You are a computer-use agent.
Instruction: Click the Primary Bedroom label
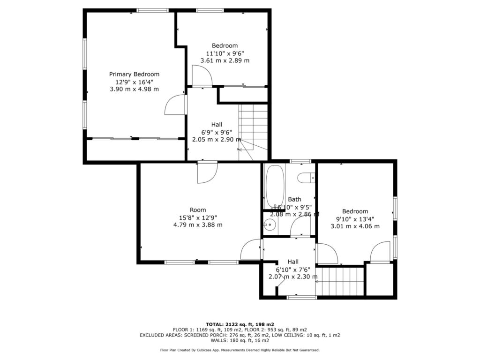[134, 74]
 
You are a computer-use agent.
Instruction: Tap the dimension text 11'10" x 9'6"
[225, 53]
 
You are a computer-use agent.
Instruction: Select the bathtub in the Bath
[275, 187]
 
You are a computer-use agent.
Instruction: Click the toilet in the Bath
[306, 178]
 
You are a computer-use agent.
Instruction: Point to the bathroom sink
[270, 225]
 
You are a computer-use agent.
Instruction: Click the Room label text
[198, 210]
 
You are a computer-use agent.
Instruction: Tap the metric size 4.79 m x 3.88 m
[198, 225]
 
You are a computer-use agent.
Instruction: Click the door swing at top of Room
[207, 172]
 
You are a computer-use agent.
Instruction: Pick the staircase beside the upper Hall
[253, 132]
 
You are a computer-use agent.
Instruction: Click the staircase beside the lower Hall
[340, 282]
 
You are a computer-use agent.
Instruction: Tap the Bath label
[294, 199]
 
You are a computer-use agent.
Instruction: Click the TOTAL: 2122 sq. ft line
[240, 324]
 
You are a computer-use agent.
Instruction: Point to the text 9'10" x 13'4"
[355, 219]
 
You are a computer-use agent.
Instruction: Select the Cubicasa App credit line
[240, 350]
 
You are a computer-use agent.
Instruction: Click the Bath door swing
[300, 226]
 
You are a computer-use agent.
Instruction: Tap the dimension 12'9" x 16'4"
[134, 82]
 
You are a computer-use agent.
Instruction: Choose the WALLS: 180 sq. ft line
[240, 340]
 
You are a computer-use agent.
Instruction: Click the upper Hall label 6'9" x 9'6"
[217, 132]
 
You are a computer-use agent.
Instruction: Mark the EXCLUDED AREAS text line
[240, 335]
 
